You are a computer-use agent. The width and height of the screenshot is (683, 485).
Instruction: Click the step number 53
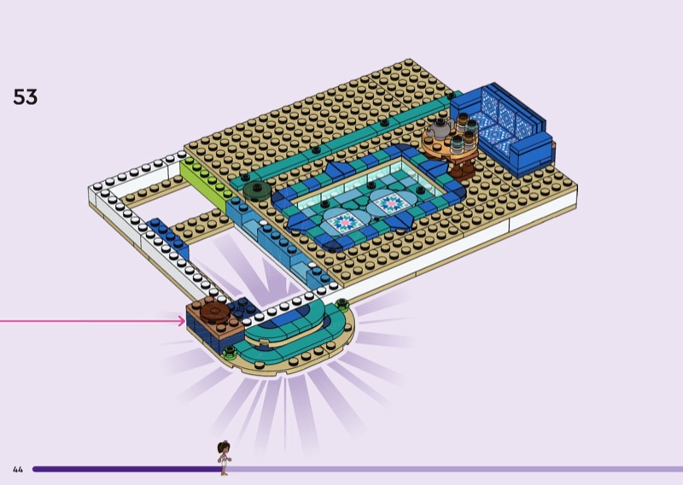coord(26,96)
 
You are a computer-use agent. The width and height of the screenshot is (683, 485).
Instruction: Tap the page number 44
coord(18,470)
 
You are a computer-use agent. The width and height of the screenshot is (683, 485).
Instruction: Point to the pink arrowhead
coord(182,321)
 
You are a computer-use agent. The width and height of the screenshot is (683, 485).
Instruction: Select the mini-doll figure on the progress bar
coord(224,458)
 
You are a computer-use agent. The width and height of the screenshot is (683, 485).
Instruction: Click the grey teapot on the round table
coord(440,129)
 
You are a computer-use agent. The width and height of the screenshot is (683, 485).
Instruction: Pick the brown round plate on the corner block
coord(214,312)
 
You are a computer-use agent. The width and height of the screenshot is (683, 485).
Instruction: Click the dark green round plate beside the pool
coord(257,190)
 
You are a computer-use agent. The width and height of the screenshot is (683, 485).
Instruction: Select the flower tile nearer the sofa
coord(392,203)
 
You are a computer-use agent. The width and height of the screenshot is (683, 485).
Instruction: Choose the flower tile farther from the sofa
coord(345,222)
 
